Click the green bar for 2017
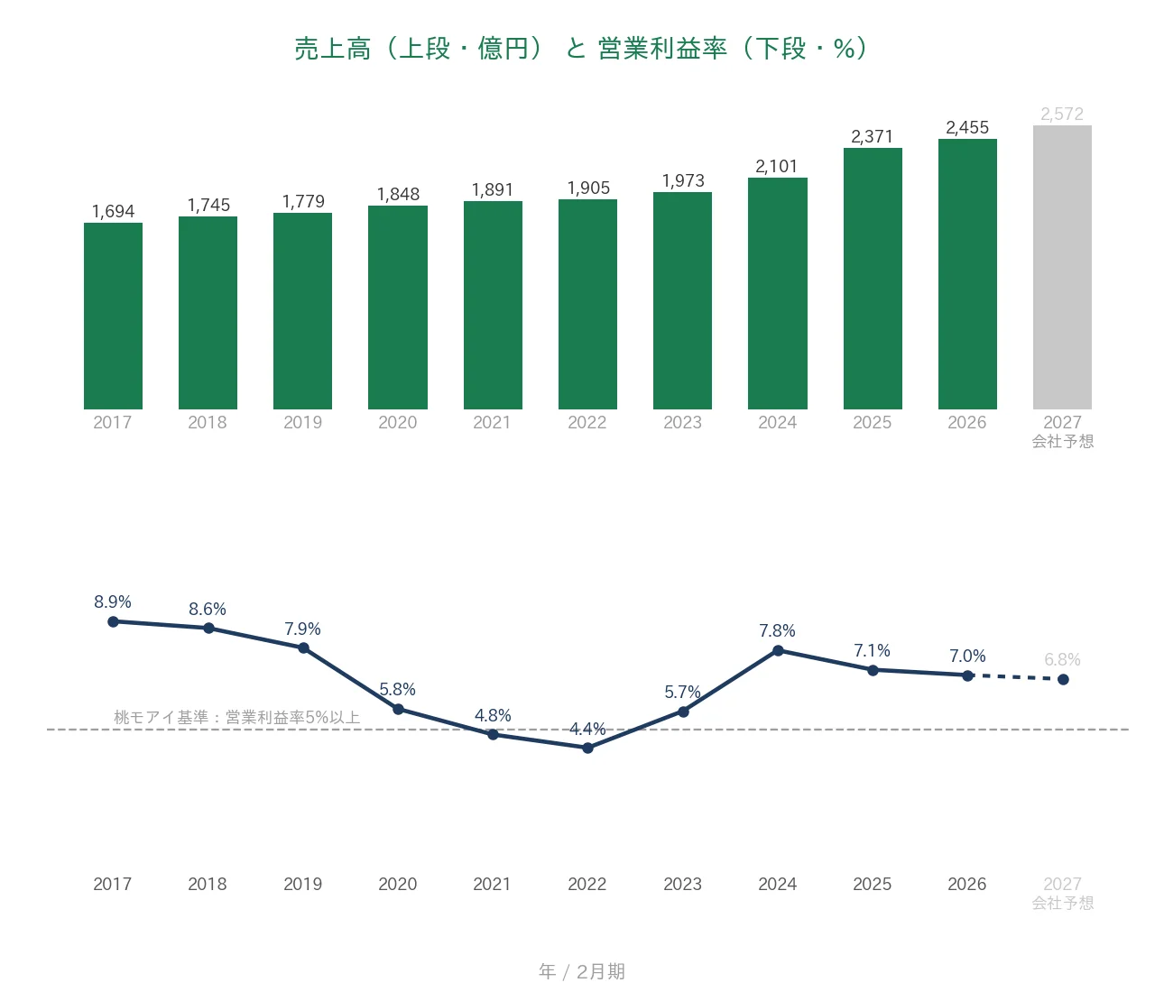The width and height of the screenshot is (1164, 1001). (x=113, y=316)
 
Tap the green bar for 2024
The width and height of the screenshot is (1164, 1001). (x=777, y=293)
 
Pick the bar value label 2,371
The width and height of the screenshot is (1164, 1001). (x=872, y=137)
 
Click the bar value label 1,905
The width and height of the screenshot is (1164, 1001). (x=588, y=188)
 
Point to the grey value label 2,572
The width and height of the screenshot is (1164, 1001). (x=1061, y=115)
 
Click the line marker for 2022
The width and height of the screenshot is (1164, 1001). (x=587, y=748)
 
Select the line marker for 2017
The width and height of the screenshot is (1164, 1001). (x=113, y=621)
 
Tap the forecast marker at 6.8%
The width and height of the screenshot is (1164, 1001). (x=1063, y=680)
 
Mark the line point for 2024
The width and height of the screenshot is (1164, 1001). (x=778, y=650)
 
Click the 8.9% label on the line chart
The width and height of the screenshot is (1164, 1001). (x=113, y=602)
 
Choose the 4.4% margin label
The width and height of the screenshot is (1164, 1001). (x=587, y=729)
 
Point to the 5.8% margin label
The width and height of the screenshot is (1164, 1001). (x=397, y=689)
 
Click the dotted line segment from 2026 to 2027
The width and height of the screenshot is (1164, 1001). (x=1015, y=677)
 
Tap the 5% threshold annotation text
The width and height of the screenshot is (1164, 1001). (x=236, y=718)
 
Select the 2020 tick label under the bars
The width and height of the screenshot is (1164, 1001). (x=397, y=423)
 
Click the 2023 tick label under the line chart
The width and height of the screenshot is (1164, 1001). (x=682, y=884)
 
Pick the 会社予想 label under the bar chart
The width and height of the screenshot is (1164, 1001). (x=1062, y=441)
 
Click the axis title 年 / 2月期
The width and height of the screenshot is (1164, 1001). (x=582, y=971)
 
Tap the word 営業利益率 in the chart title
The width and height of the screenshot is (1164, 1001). (x=662, y=49)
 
